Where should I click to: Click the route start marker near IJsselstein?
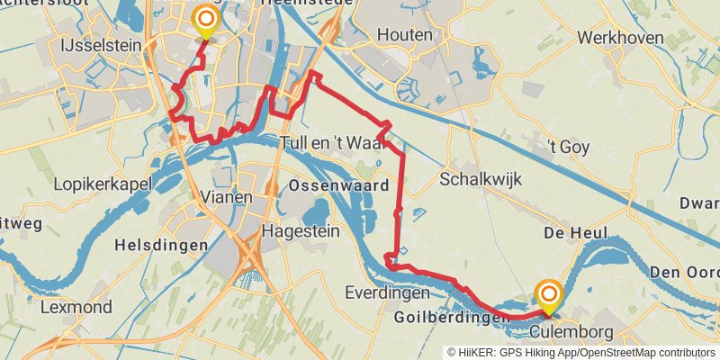pyautogui.click(x=206, y=21)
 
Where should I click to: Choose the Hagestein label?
pyautogui.click(x=301, y=231)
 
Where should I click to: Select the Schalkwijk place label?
pyautogui.click(x=481, y=180)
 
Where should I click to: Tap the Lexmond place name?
pyautogui.click(x=76, y=307)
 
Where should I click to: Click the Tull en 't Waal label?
pyautogui.click(x=333, y=143)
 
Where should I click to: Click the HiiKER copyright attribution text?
pyautogui.click(x=580, y=352)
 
